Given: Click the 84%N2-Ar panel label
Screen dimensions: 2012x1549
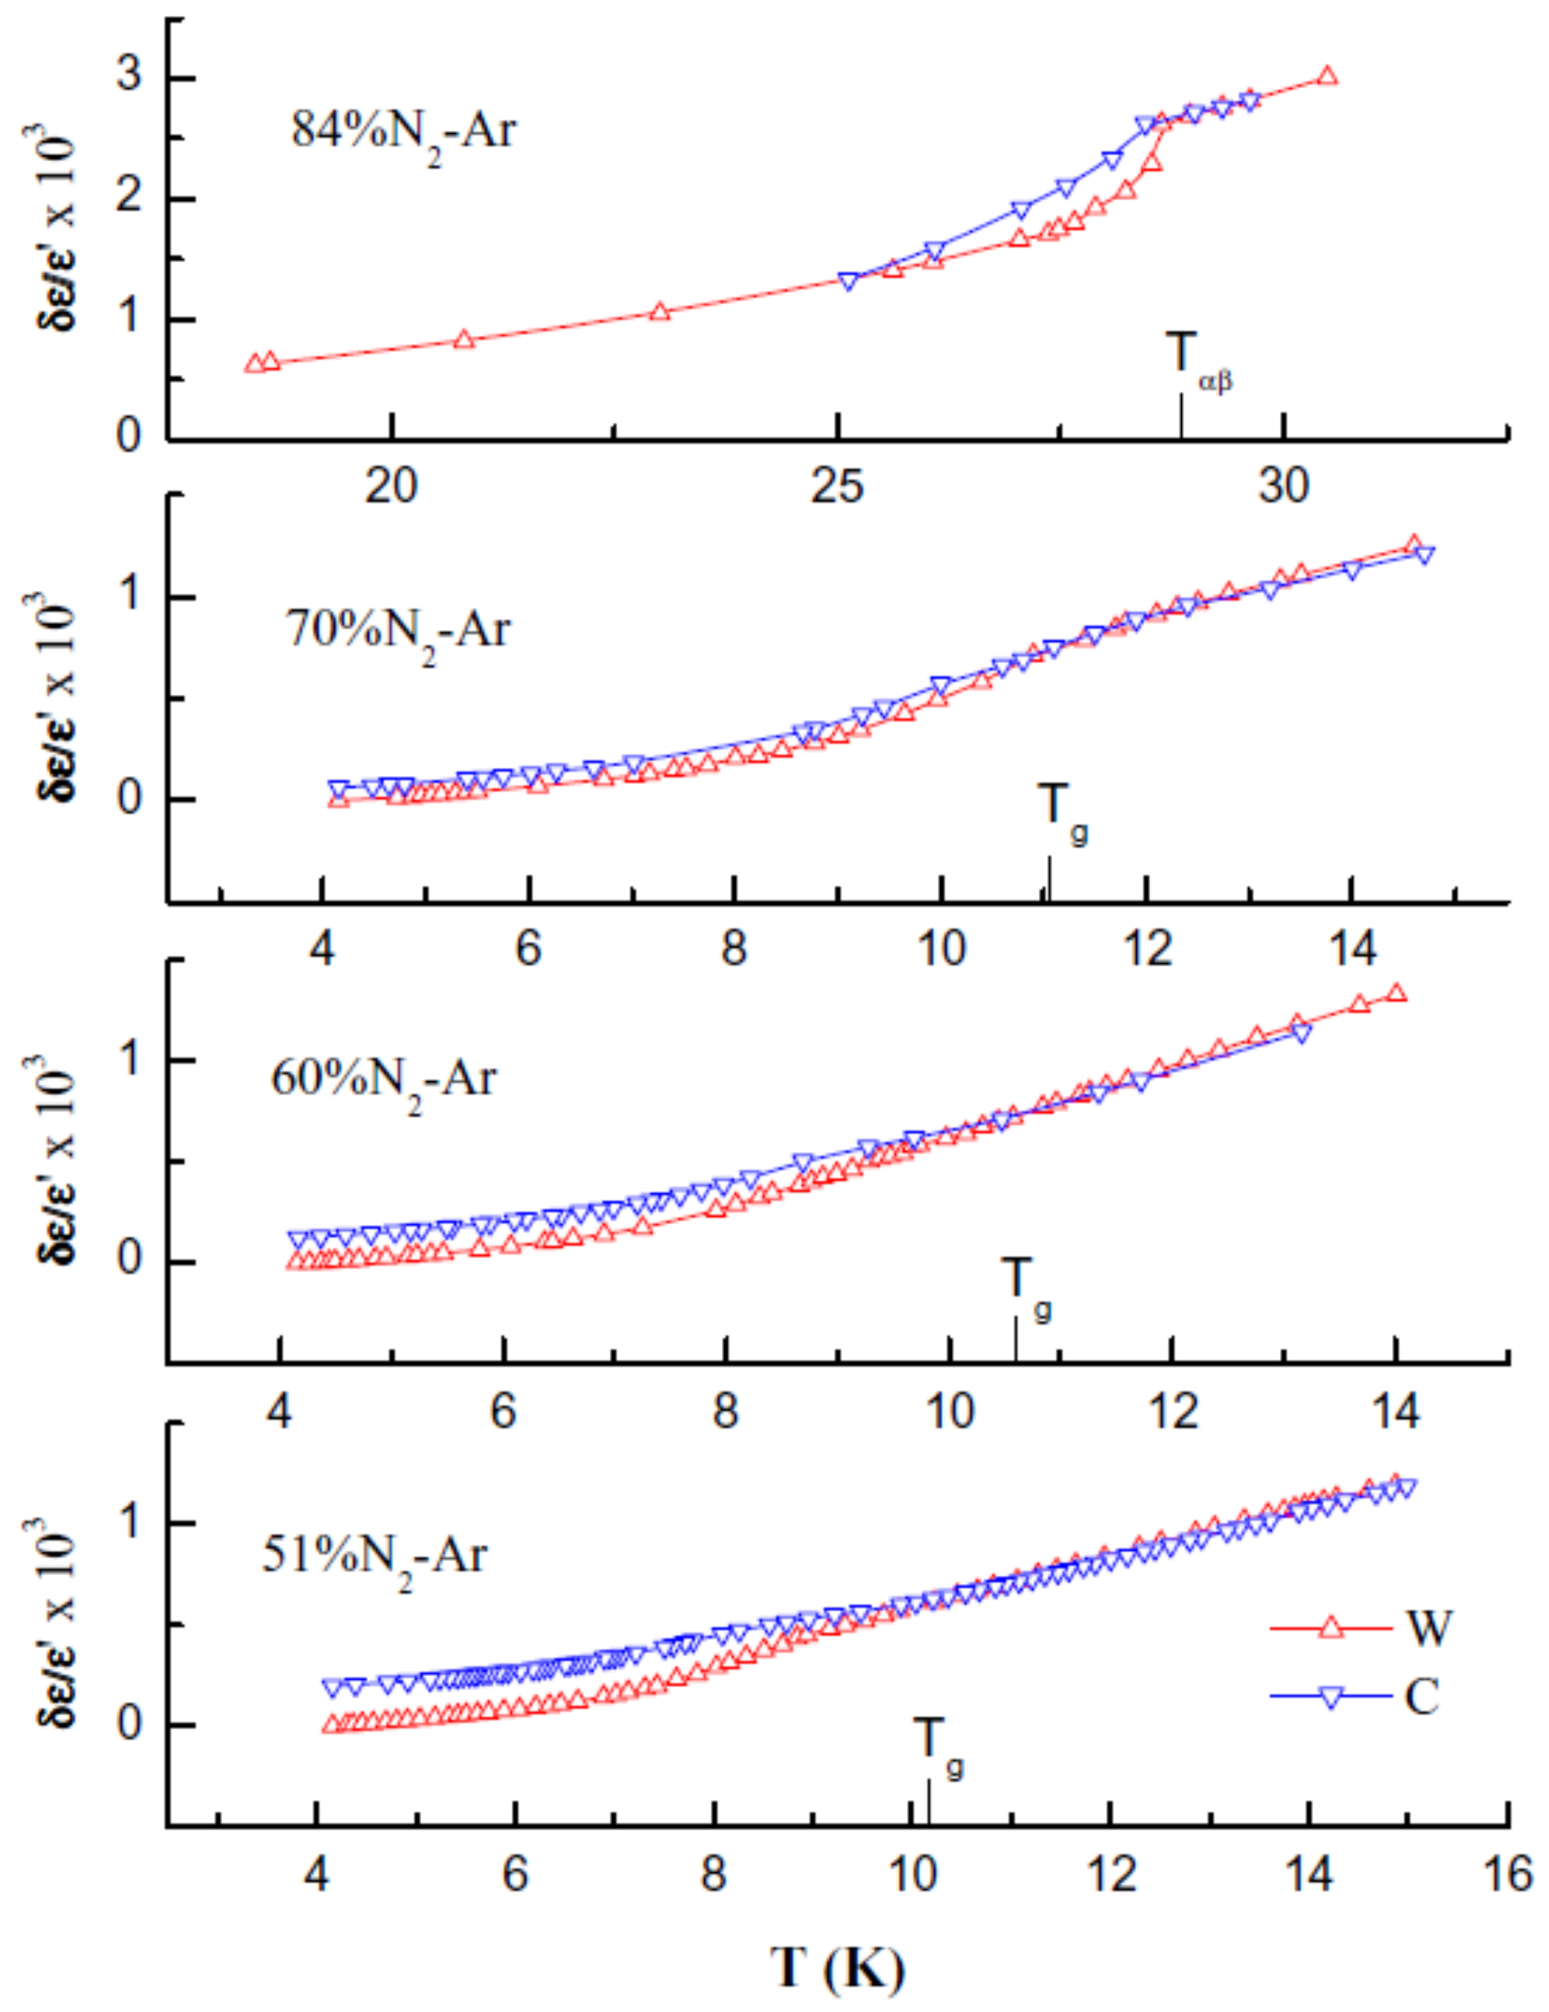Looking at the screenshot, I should (x=404, y=132).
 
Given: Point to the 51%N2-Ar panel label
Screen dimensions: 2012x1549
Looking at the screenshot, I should (x=374, y=1557).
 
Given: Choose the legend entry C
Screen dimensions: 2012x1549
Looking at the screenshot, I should (x=1421, y=1696).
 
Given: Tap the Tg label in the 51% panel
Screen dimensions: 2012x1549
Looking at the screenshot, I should (x=939, y=1739).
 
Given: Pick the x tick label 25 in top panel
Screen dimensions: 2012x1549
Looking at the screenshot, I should (x=837, y=486).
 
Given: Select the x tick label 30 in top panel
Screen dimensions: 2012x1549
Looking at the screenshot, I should (x=1284, y=486).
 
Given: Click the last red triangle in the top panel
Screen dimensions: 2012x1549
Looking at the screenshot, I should (x=1326, y=76).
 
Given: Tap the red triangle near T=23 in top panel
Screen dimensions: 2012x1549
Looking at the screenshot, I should (x=659, y=312).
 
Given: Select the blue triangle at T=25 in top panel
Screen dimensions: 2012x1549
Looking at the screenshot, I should (x=849, y=280).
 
